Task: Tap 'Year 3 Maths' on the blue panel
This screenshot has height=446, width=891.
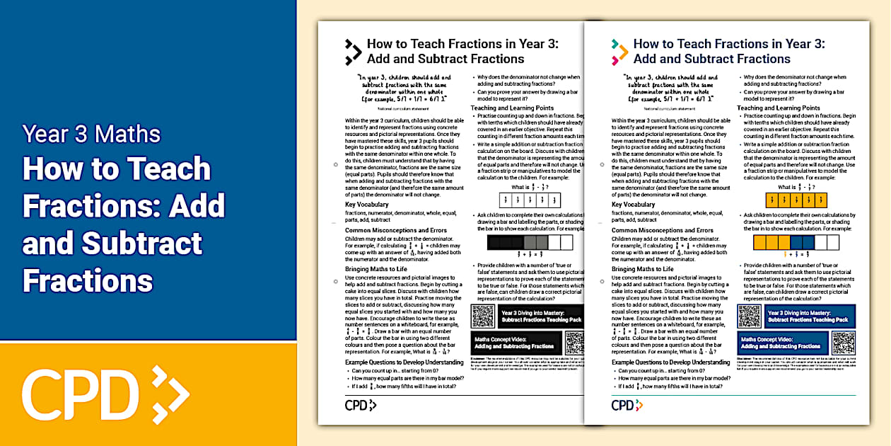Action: [x=91, y=134]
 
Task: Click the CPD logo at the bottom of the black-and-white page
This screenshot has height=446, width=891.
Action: [x=360, y=405]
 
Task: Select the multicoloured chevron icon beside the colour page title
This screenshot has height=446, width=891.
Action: [x=619, y=52]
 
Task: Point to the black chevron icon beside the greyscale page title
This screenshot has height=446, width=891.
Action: [x=353, y=52]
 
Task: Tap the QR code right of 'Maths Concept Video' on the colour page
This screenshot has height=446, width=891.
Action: [x=843, y=343]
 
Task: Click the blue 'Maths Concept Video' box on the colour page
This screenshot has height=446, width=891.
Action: [x=782, y=343]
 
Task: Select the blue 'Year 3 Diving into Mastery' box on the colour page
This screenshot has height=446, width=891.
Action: [x=810, y=316]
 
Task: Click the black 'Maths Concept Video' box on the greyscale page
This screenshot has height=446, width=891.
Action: [x=516, y=343]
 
